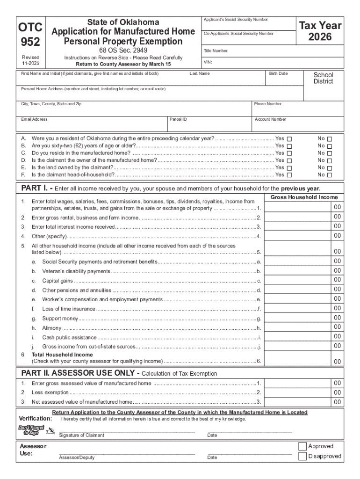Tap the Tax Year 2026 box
coord(320,31)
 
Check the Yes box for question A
coord(288,139)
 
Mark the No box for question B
coord(329,146)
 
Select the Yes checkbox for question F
coord(288,175)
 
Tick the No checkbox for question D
coord(329,160)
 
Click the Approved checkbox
coord(302,446)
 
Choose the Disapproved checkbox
coord(302,456)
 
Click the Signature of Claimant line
coord(126,430)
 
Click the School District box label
coord(323,78)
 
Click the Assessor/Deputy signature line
coord(126,454)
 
